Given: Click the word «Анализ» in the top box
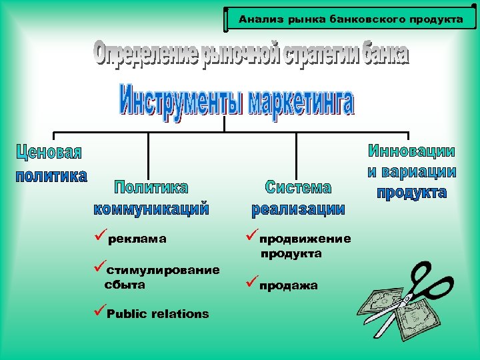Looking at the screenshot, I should pyautogui.click(x=259, y=19).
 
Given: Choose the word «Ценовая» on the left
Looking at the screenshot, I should pyautogui.click(x=49, y=153).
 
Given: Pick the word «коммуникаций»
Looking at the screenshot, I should pyautogui.click(x=151, y=209).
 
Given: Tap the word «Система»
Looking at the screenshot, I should pyautogui.click(x=298, y=187).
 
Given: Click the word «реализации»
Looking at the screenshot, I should pyautogui.click(x=298, y=209).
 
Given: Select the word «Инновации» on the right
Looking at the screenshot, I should pyautogui.click(x=412, y=151).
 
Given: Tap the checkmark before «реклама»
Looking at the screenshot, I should pyautogui.click(x=99, y=237).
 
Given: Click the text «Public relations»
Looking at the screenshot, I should pyautogui.click(x=157, y=314).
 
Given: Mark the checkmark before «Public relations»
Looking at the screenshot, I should pyautogui.click(x=99, y=311).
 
